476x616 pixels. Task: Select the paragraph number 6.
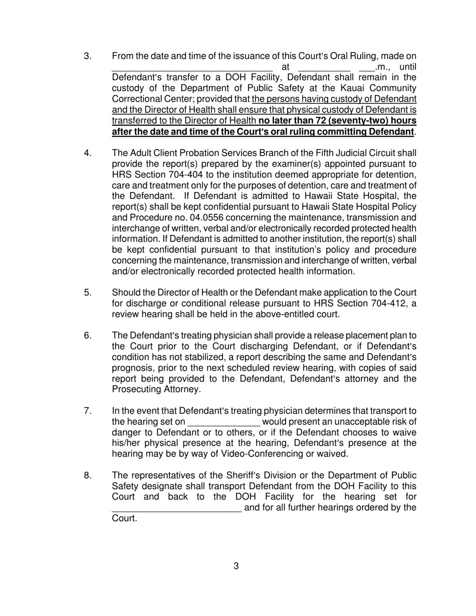click(x=88, y=335)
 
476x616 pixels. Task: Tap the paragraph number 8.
click(x=88, y=475)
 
